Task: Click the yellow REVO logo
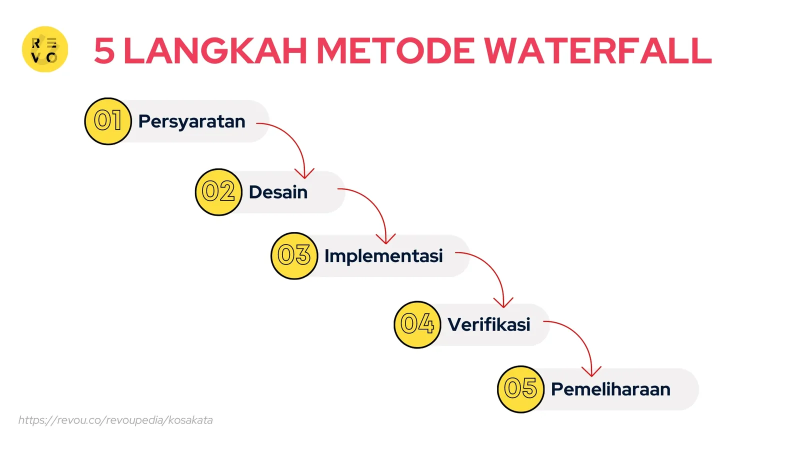click(45, 49)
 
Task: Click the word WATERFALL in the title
click(597, 50)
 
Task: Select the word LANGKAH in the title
click(215, 50)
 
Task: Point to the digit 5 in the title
click(104, 50)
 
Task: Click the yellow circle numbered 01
click(108, 121)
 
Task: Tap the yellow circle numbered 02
click(218, 192)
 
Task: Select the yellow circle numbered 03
click(294, 255)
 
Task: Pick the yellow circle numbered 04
click(417, 324)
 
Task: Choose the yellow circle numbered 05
click(520, 389)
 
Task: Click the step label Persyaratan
click(192, 122)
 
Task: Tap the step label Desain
click(278, 192)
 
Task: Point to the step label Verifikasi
click(489, 324)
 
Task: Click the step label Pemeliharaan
click(610, 389)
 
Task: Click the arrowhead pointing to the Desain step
click(304, 174)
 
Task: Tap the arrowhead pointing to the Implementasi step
click(385, 239)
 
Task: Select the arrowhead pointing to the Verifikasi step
click(503, 303)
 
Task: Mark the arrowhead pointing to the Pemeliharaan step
click(591, 372)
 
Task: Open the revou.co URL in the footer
click(115, 420)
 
